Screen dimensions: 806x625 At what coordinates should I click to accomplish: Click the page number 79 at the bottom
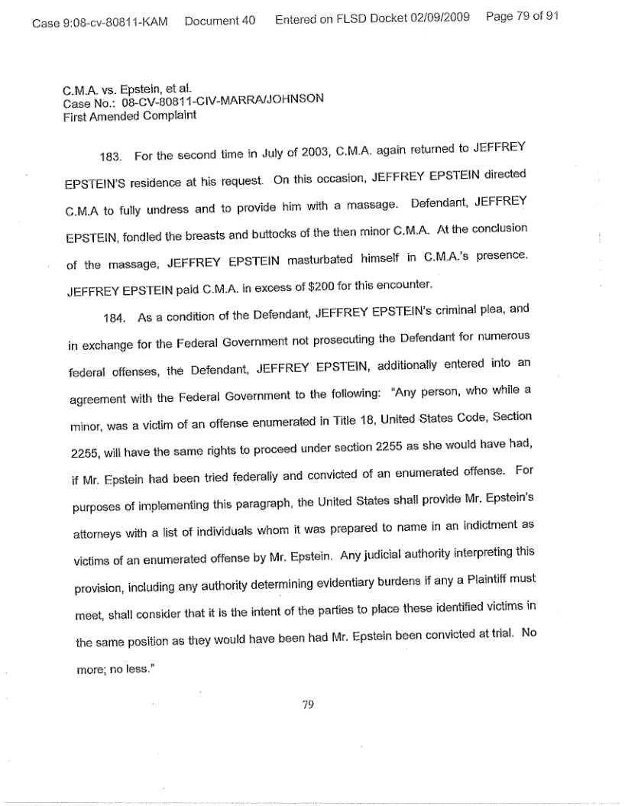[309, 705]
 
